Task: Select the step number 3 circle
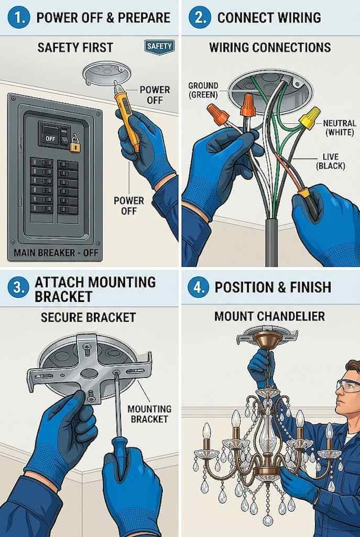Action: (17, 288)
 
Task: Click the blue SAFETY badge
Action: (159, 46)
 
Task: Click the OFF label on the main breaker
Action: (50, 138)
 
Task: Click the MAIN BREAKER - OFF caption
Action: (56, 253)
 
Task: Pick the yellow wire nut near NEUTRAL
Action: (310, 118)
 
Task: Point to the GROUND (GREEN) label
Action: (203, 90)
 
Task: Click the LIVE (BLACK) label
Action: (331, 162)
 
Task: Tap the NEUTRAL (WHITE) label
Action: (340, 127)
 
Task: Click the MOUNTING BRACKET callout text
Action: (149, 414)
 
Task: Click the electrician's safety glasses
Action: (348, 385)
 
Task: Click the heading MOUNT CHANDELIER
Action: (270, 316)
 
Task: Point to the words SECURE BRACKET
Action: (88, 317)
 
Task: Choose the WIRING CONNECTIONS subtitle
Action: (270, 47)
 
